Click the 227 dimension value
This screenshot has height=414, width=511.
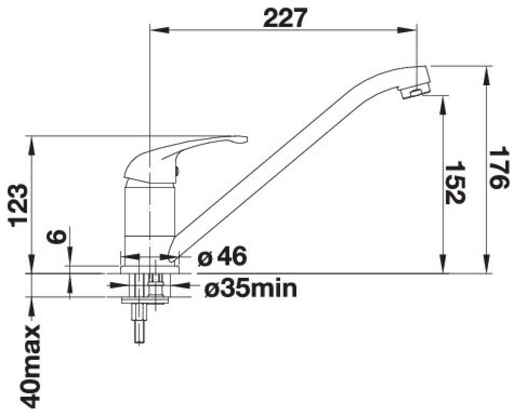click(x=285, y=18)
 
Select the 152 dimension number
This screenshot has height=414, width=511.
click(x=455, y=182)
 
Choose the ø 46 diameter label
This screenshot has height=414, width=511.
click(x=222, y=257)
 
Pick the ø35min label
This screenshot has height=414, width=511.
click(x=250, y=289)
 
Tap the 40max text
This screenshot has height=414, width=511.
click(x=31, y=366)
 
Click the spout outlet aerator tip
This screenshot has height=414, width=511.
click(x=415, y=92)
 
